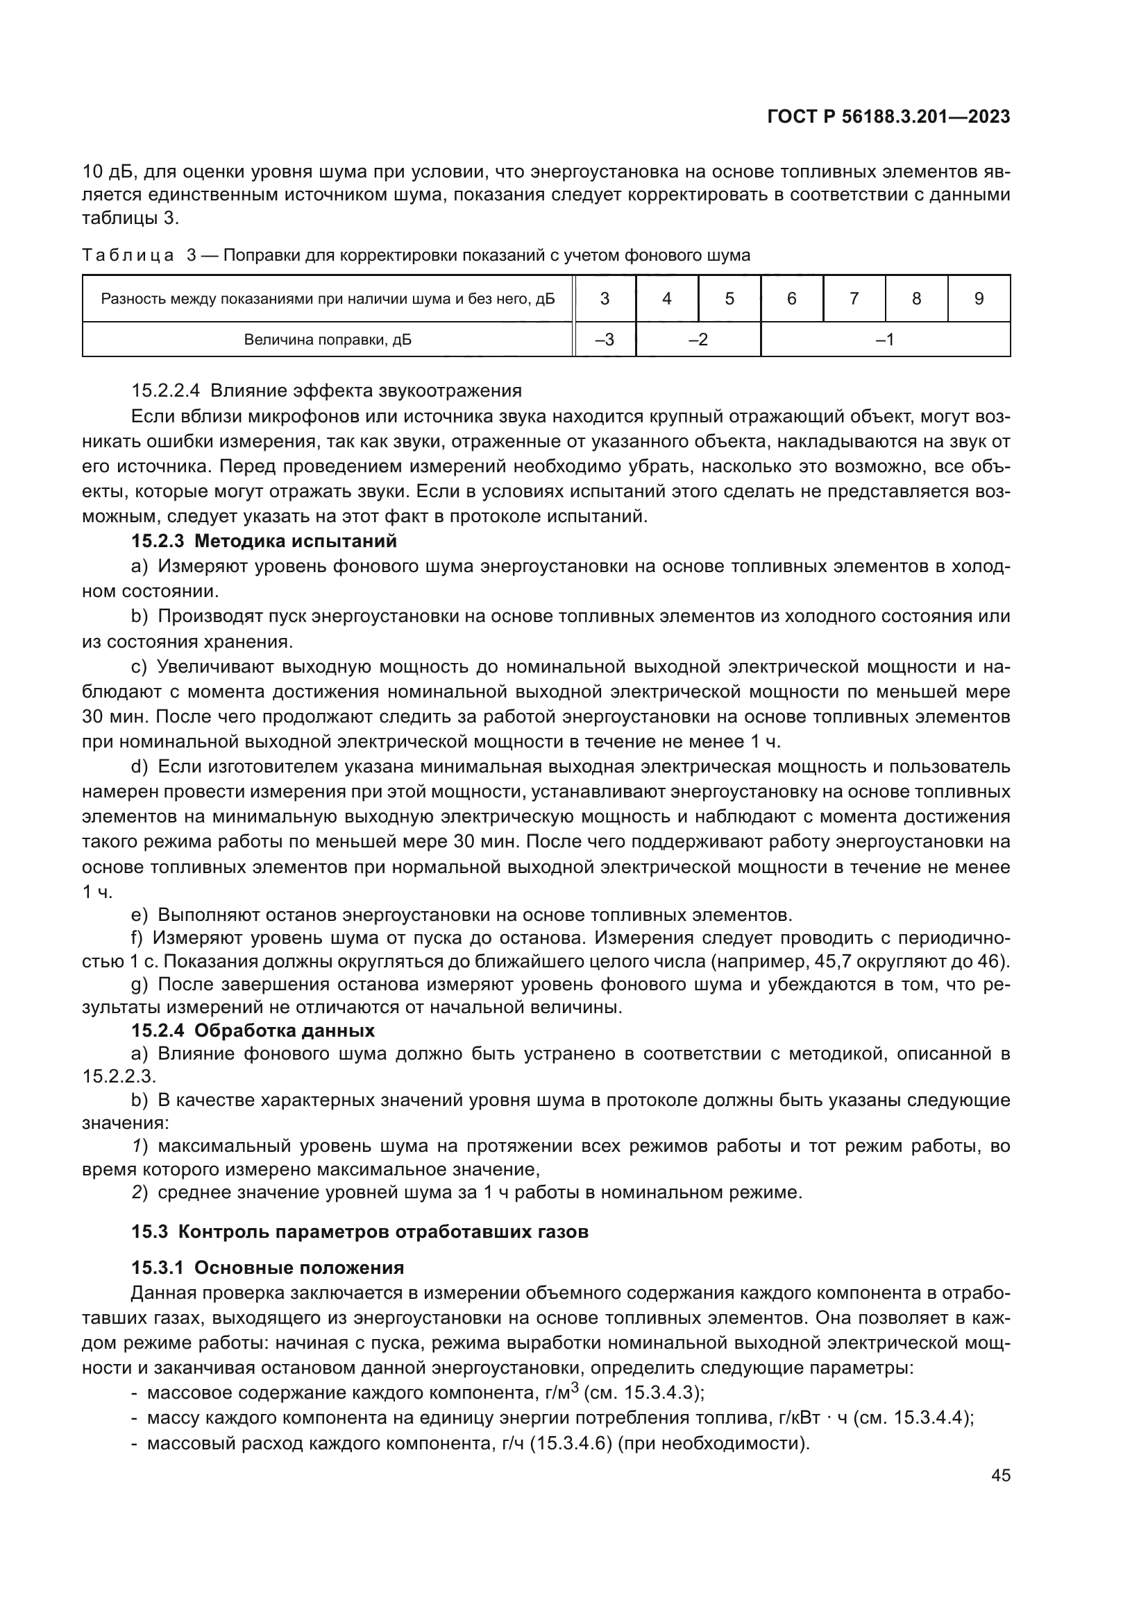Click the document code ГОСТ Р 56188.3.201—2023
tap(888, 117)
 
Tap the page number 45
tap(1000, 1476)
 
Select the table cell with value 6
tap(791, 299)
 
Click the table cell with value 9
tap(979, 299)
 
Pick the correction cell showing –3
tap(605, 340)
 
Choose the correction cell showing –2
tap(698, 340)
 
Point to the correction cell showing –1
tap(884, 340)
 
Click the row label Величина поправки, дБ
tap(328, 340)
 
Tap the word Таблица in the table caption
tap(128, 256)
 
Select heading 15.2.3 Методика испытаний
tap(264, 541)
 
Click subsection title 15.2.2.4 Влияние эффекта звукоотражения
tap(327, 390)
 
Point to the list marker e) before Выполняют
tap(140, 915)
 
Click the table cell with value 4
tap(666, 299)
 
